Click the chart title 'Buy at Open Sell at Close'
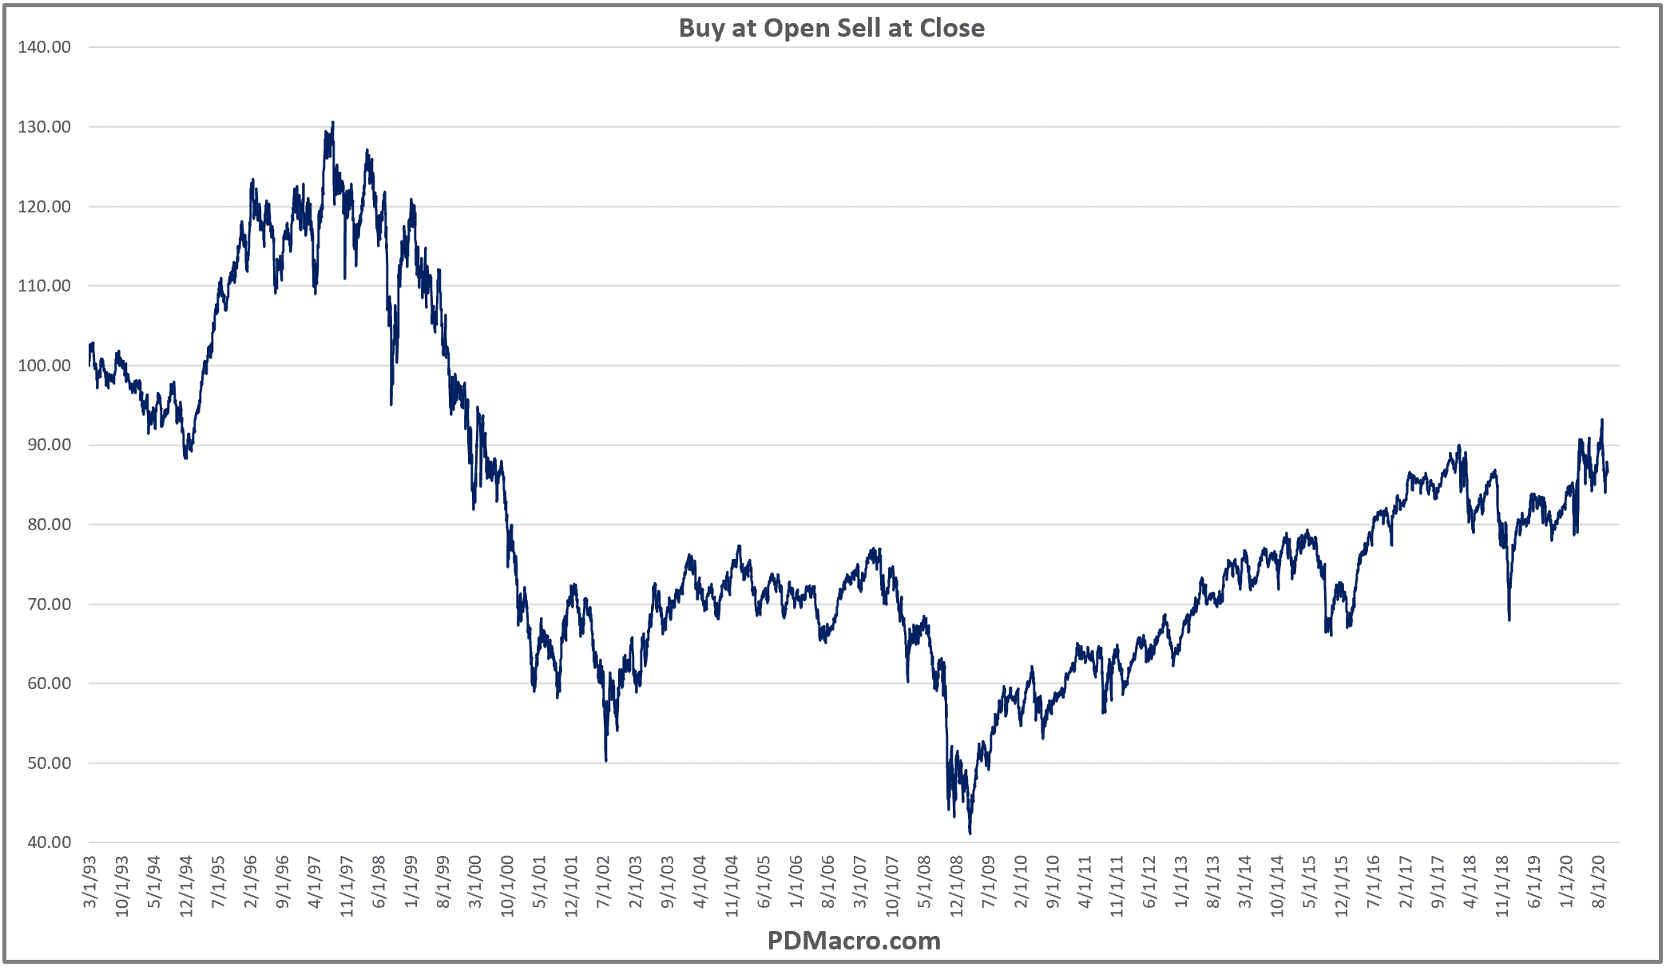click(x=831, y=28)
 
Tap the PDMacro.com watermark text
click(x=854, y=941)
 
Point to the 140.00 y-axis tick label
click(x=44, y=47)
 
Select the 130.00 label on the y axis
click(x=44, y=127)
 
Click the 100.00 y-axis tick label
click(x=44, y=366)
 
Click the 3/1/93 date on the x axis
click(x=90, y=882)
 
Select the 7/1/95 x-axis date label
click(x=218, y=882)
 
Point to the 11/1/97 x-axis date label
click(x=347, y=886)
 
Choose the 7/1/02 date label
click(x=603, y=882)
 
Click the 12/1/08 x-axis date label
click(x=956, y=886)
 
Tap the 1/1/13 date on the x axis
click(x=1180, y=882)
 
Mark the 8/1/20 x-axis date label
click(x=1598, y=882)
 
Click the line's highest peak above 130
click(x=332, y=122)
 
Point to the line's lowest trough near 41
click(x=970, y=833)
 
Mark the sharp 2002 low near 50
click(x=606, y=759)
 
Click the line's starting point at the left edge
click(x=89, y=365)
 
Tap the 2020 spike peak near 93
click(x=1601, y=420)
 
